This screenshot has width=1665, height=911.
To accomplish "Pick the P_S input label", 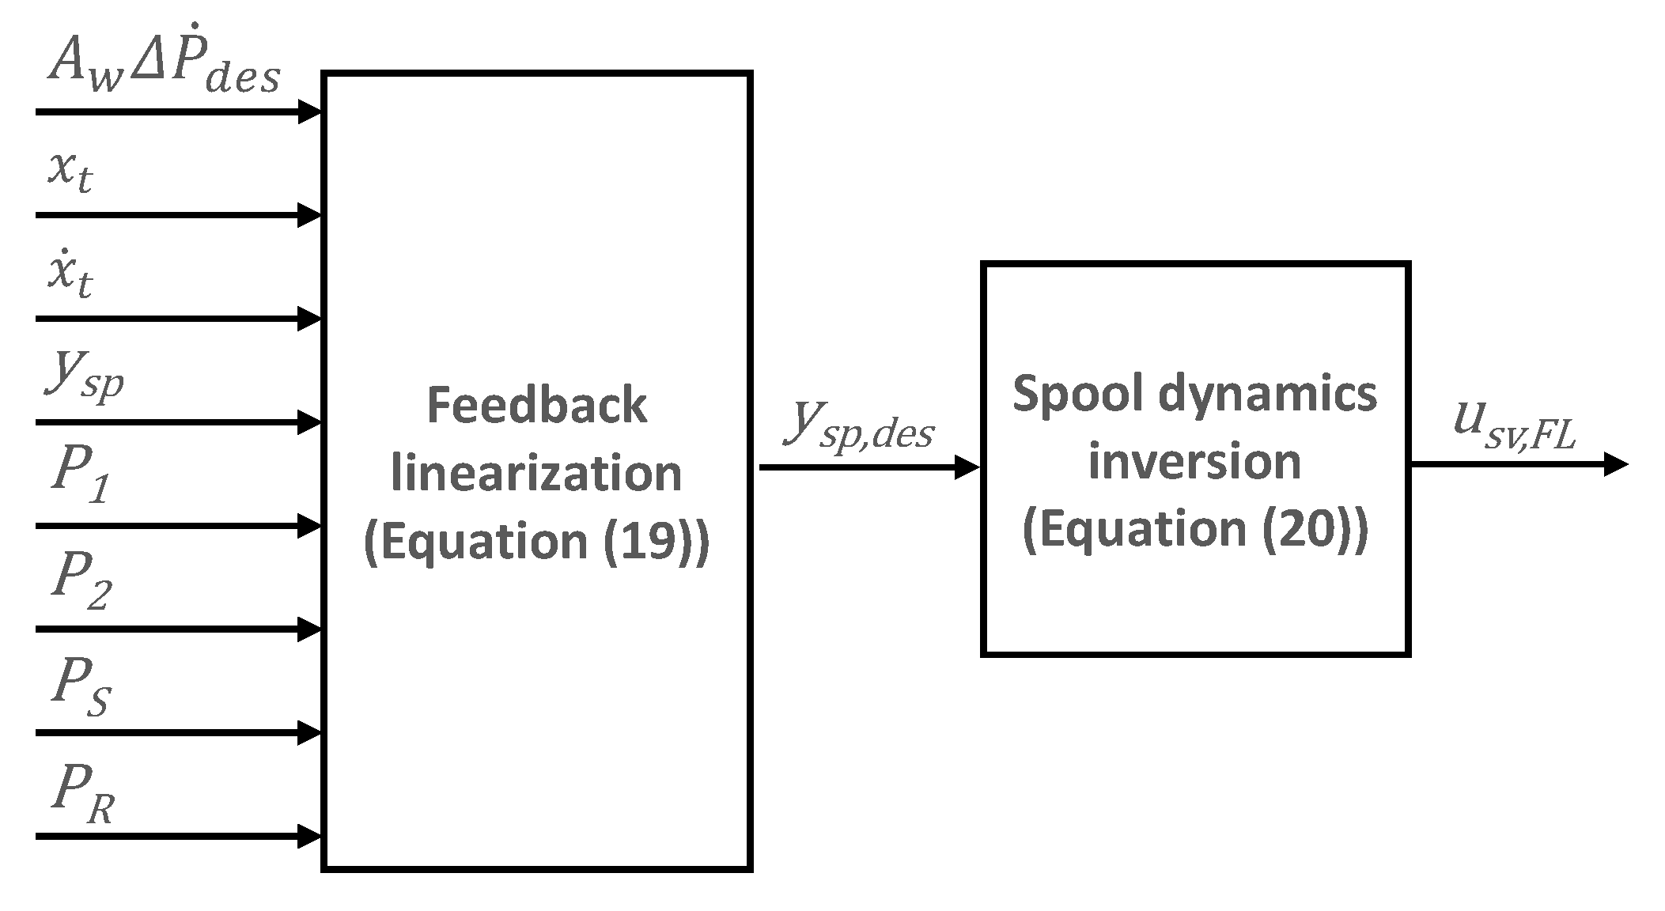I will coord(81,688).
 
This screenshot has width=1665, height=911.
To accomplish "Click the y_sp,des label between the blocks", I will coord(860,427).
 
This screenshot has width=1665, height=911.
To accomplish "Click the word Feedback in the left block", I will coord(536,405).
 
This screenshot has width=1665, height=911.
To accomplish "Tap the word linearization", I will coord(536,473).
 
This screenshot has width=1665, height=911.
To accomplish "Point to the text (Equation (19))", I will coord(536,541).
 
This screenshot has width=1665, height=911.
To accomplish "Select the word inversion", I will coord(1194,461).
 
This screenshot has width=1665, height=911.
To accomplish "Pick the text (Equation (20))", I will coord(1194,529).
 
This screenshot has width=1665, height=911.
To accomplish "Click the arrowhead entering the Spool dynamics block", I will coord(967,467).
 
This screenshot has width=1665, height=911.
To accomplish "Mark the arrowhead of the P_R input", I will coord(309,836).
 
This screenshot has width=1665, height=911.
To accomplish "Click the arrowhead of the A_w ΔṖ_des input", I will coord(309,112).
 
